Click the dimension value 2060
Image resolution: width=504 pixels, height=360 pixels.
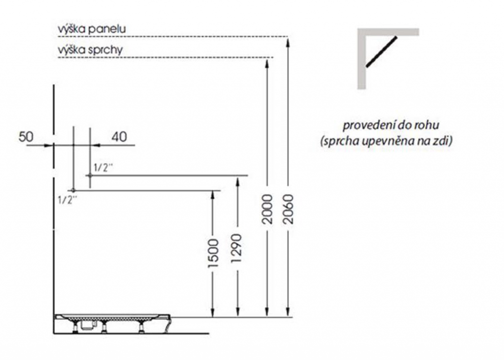pos(288,209)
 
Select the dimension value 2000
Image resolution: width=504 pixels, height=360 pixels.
pos(267,209)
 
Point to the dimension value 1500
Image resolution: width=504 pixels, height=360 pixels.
pos(214,253)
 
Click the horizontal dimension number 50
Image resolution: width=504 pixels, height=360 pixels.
pos(26,137)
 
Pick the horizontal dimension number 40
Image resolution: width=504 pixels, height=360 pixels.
pos(119,137)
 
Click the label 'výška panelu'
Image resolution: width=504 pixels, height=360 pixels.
pos(92,29)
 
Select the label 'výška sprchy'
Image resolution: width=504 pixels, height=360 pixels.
pos(90,50)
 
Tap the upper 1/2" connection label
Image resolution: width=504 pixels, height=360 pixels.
pos(103,167)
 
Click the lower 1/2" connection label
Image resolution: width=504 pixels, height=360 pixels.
pos(67,200)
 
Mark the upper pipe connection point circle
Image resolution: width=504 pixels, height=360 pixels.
pos(90,175)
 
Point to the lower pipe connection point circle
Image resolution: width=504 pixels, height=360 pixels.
pos(73,191)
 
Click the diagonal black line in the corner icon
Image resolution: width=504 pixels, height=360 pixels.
pos(381,52)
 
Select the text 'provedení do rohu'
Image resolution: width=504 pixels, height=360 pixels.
pos(390,125)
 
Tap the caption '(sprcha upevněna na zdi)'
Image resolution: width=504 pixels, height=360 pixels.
pos(386,141)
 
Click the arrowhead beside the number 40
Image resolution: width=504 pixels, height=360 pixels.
pos(95,145)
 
